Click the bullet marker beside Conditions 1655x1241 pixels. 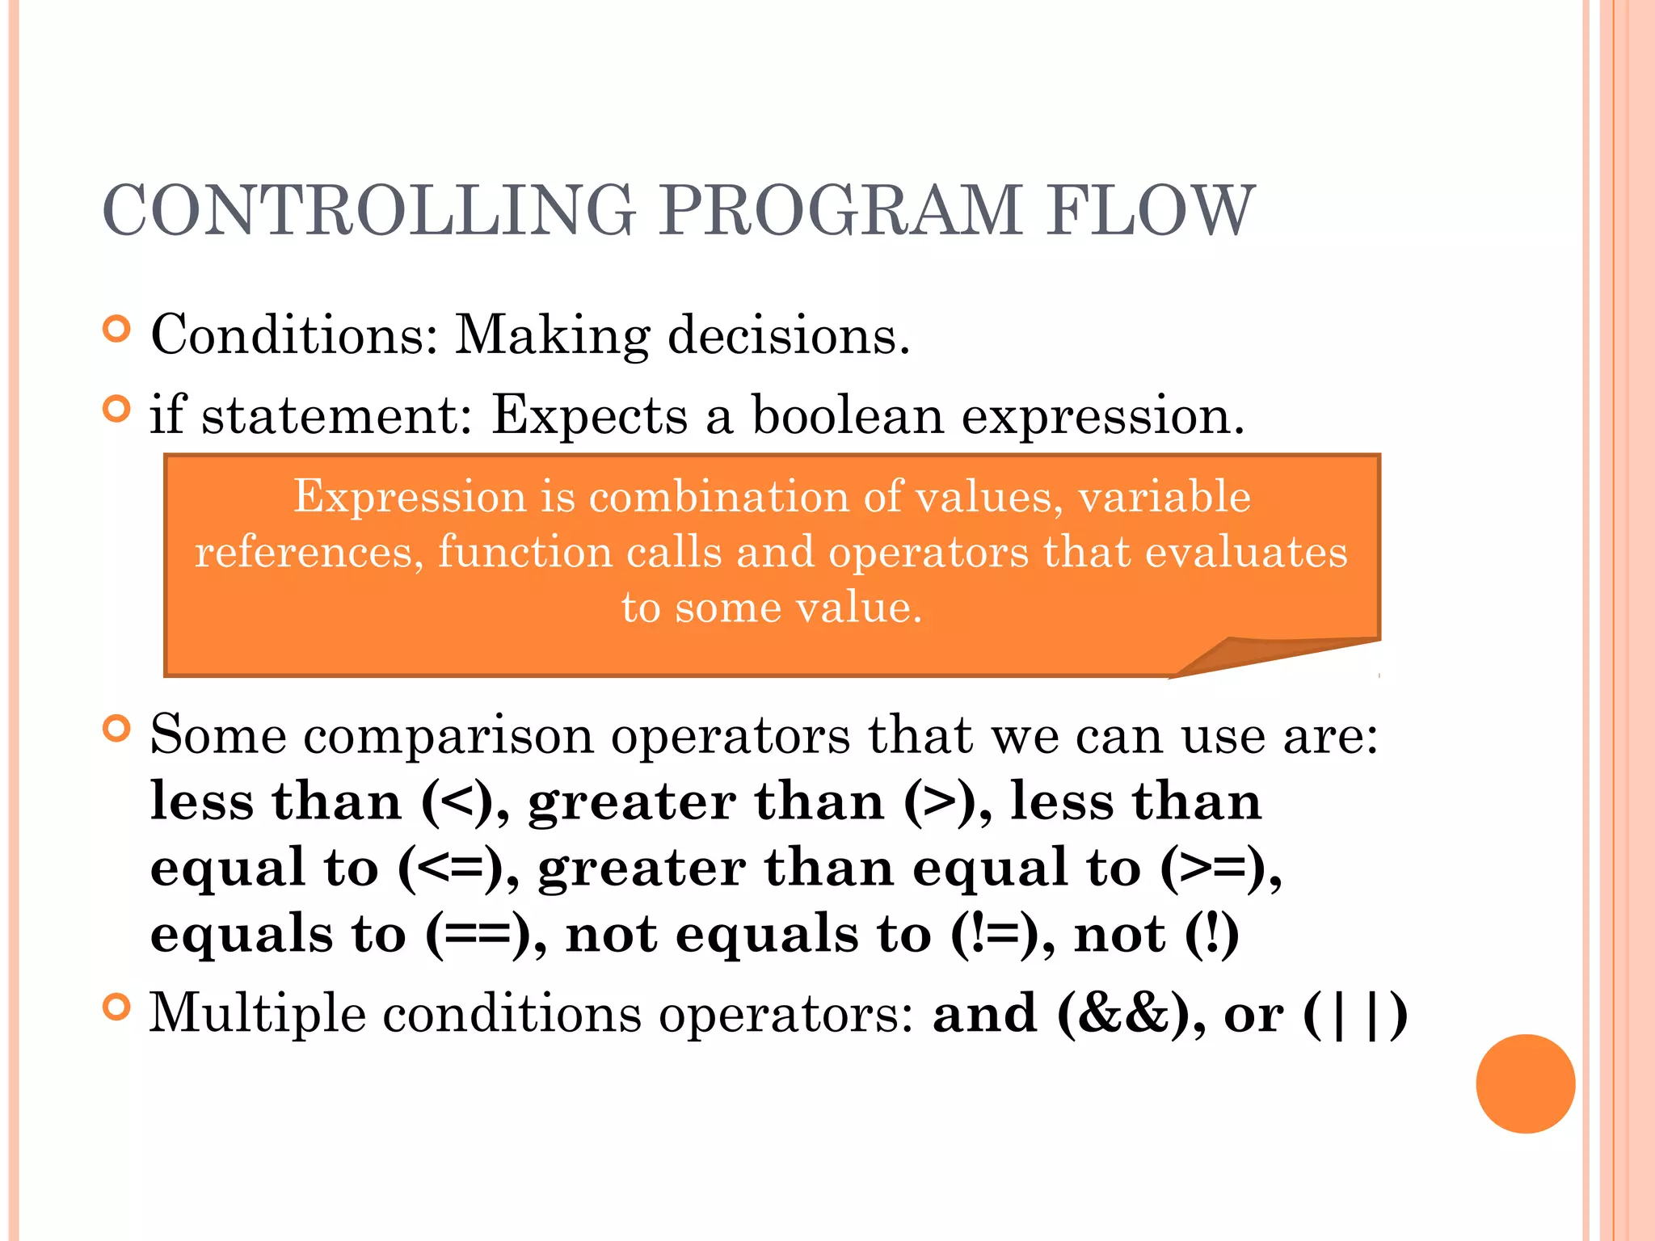click(117, 329)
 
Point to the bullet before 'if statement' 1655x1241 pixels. click(117, 409)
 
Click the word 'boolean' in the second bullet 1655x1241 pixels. click(848, 415)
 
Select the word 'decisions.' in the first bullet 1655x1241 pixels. click(789, 335)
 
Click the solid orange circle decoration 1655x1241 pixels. click(1525, 1083)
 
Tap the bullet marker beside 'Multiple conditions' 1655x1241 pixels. click(117, 1007)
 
